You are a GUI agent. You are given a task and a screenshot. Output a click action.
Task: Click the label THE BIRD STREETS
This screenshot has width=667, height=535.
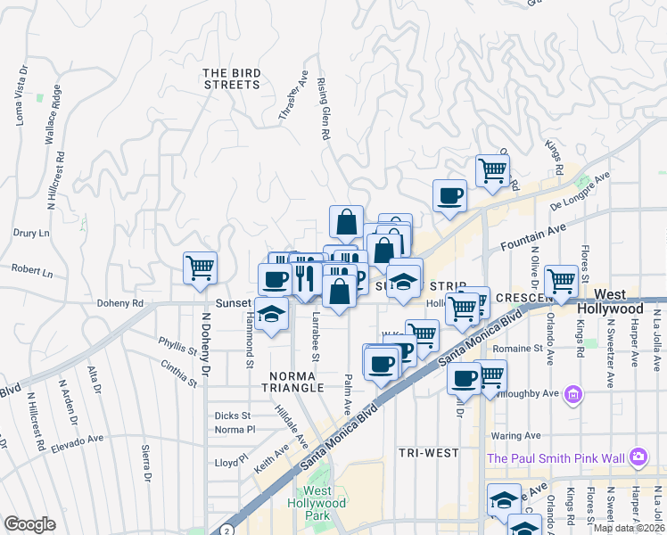coord(231,79)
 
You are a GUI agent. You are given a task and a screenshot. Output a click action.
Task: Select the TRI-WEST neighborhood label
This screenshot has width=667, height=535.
coord(429,453)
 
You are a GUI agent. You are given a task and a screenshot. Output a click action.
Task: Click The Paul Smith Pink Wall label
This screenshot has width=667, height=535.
coord(556,458)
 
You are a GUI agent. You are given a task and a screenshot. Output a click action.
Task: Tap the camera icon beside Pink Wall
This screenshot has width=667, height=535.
coord(638,457)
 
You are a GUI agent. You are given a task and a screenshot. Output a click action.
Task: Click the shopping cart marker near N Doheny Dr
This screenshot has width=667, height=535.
coord(201,267)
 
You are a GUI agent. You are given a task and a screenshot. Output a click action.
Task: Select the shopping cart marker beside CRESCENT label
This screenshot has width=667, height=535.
coord(562,282)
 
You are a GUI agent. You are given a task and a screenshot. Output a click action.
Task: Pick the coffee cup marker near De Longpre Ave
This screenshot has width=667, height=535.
coord(449,195)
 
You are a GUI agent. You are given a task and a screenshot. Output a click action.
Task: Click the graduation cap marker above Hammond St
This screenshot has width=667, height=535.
coord(270,314)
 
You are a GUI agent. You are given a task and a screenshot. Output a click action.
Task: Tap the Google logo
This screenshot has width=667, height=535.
coord(29,524)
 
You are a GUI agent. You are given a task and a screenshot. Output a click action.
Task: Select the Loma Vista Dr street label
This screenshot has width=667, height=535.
coord(21,95)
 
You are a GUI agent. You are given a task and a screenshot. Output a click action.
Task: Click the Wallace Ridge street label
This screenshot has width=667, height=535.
coord(53,115)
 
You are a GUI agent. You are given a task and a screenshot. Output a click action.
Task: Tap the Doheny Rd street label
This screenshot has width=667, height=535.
coord(125,303)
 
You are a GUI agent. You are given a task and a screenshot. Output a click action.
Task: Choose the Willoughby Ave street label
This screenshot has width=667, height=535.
coord(531,392)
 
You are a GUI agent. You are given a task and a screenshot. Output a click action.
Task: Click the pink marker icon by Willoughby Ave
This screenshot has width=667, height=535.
coord(572,394)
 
